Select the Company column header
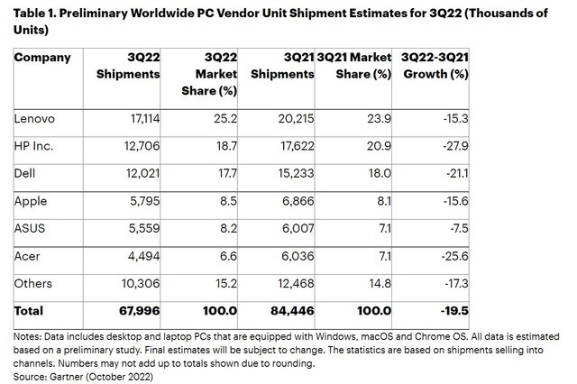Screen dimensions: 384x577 tap(41, 59)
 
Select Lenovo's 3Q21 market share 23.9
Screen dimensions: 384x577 tap(377, 117)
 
